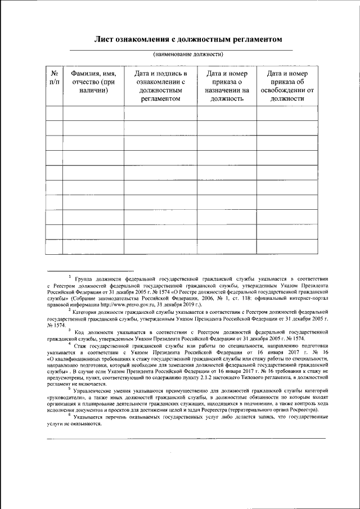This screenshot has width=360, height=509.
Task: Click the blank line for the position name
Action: pos(180,50)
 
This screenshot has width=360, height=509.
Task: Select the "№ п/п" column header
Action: pos(55,78)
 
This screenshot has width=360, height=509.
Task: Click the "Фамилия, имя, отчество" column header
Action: pos(93,82)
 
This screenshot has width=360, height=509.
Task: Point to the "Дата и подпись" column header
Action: pos(160,86)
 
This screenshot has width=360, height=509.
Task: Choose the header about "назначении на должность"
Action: pos(227,86)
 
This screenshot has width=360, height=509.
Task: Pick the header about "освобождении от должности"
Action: pos(287,86)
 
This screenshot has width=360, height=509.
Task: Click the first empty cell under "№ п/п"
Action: pos(55,113)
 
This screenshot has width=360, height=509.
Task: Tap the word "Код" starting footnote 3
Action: pos(80,332)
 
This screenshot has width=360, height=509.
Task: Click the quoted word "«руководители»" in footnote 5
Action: pos(66,397)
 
